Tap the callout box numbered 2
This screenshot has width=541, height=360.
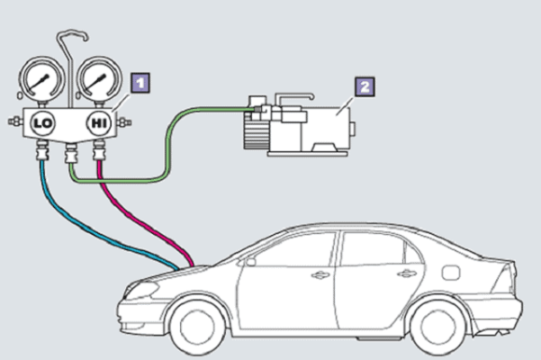click(364, 86)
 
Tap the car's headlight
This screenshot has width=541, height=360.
click(144, 290)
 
